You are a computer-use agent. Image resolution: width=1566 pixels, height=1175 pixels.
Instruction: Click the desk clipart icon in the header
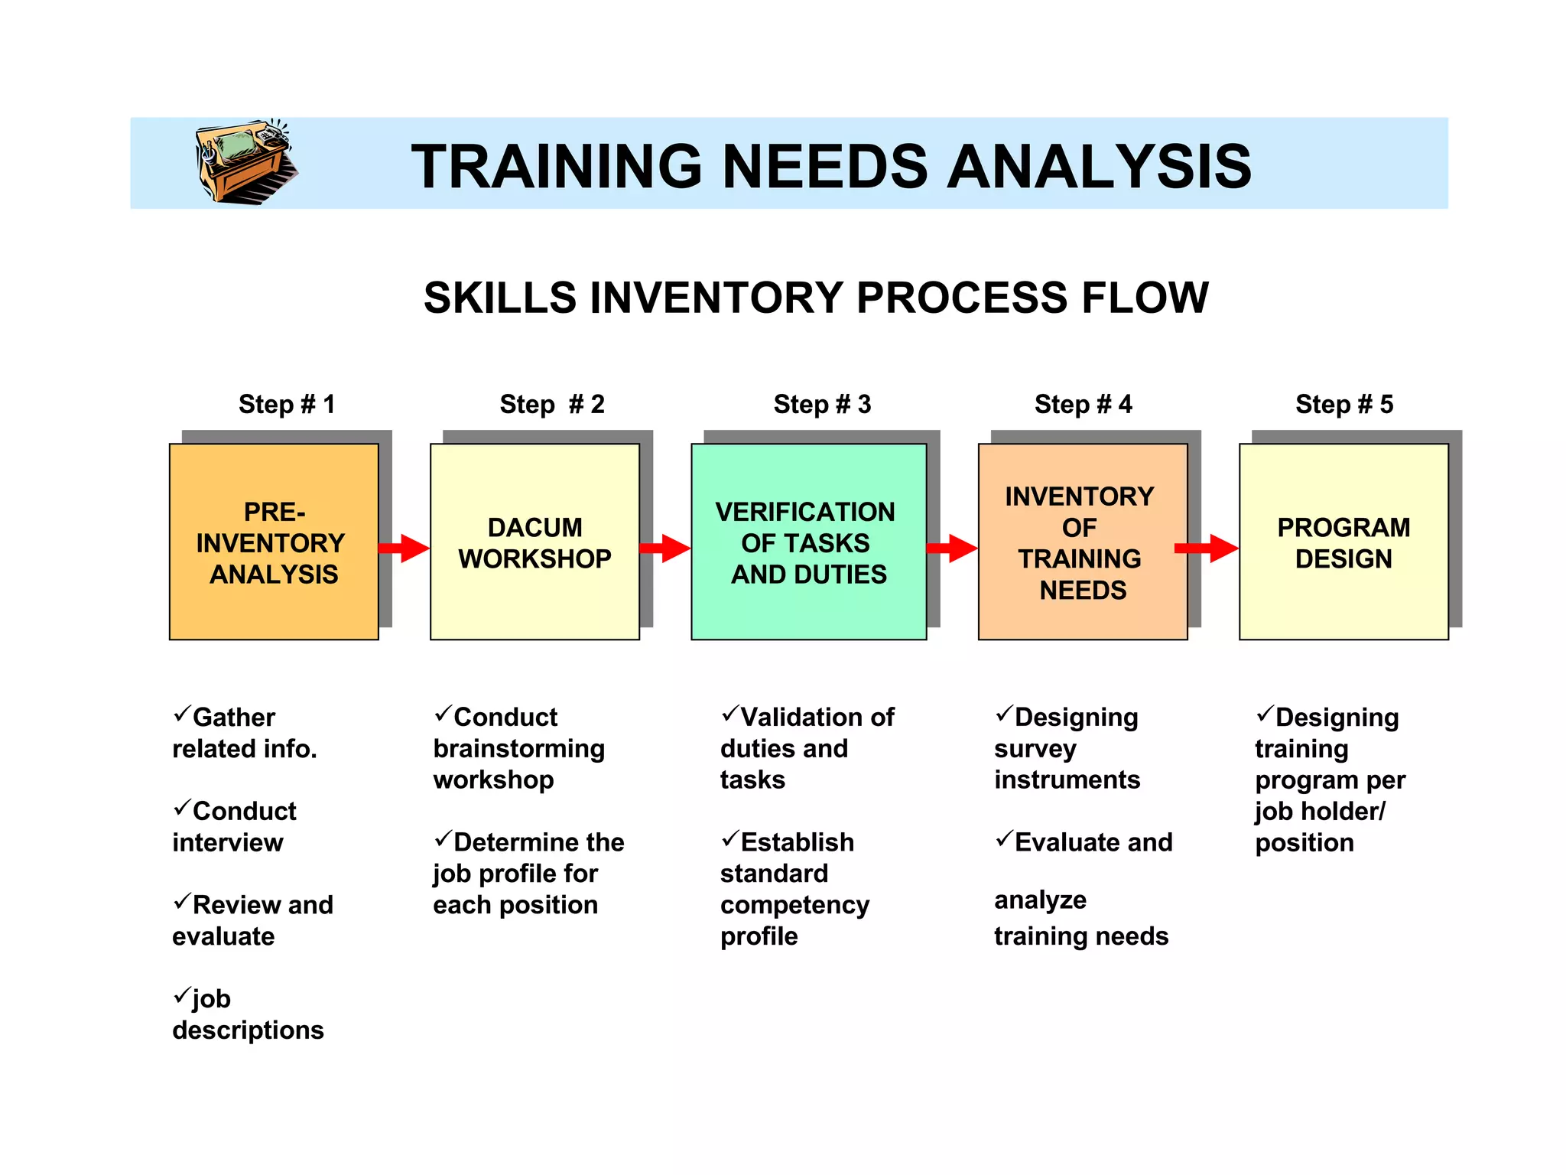click(245, 161)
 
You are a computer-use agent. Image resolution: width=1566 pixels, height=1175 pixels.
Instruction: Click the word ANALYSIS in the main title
click(1099, 167)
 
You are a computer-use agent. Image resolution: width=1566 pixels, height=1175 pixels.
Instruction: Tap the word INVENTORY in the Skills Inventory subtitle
click(716, 298)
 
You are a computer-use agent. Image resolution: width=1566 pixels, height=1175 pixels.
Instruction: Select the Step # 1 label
click(287, 404)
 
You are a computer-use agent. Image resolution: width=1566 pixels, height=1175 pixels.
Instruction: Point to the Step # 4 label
click(1083, 404)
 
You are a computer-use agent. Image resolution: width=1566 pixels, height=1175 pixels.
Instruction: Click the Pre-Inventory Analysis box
click(274, 542)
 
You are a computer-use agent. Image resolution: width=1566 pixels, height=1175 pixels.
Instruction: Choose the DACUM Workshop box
click(534, 542)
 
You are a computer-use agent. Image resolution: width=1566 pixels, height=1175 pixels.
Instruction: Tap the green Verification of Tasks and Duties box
click(808, 542)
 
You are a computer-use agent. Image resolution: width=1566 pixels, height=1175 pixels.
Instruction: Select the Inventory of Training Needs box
click(1082, 542)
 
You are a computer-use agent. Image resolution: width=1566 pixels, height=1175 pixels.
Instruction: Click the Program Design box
click(1343, 542)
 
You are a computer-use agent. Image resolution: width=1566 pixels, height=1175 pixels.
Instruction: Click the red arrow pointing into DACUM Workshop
click(404, 548)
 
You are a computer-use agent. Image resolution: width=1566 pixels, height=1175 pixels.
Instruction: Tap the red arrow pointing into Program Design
click(1207, 548)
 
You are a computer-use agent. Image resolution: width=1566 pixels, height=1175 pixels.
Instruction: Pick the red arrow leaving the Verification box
click(951, 548)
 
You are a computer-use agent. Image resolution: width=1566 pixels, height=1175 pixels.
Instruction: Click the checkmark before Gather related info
click(182, 714)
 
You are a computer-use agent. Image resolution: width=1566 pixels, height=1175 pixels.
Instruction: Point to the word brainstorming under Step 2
click(518, 749)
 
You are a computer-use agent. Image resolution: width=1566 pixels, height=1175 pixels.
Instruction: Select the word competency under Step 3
click(794, 905)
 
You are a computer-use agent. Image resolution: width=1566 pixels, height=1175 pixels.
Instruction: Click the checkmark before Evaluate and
click(1004, 839)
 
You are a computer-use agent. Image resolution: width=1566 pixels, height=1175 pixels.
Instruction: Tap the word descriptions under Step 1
click(248, 1030)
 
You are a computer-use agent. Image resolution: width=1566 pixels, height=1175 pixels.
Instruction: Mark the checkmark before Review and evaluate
click(182, 902)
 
